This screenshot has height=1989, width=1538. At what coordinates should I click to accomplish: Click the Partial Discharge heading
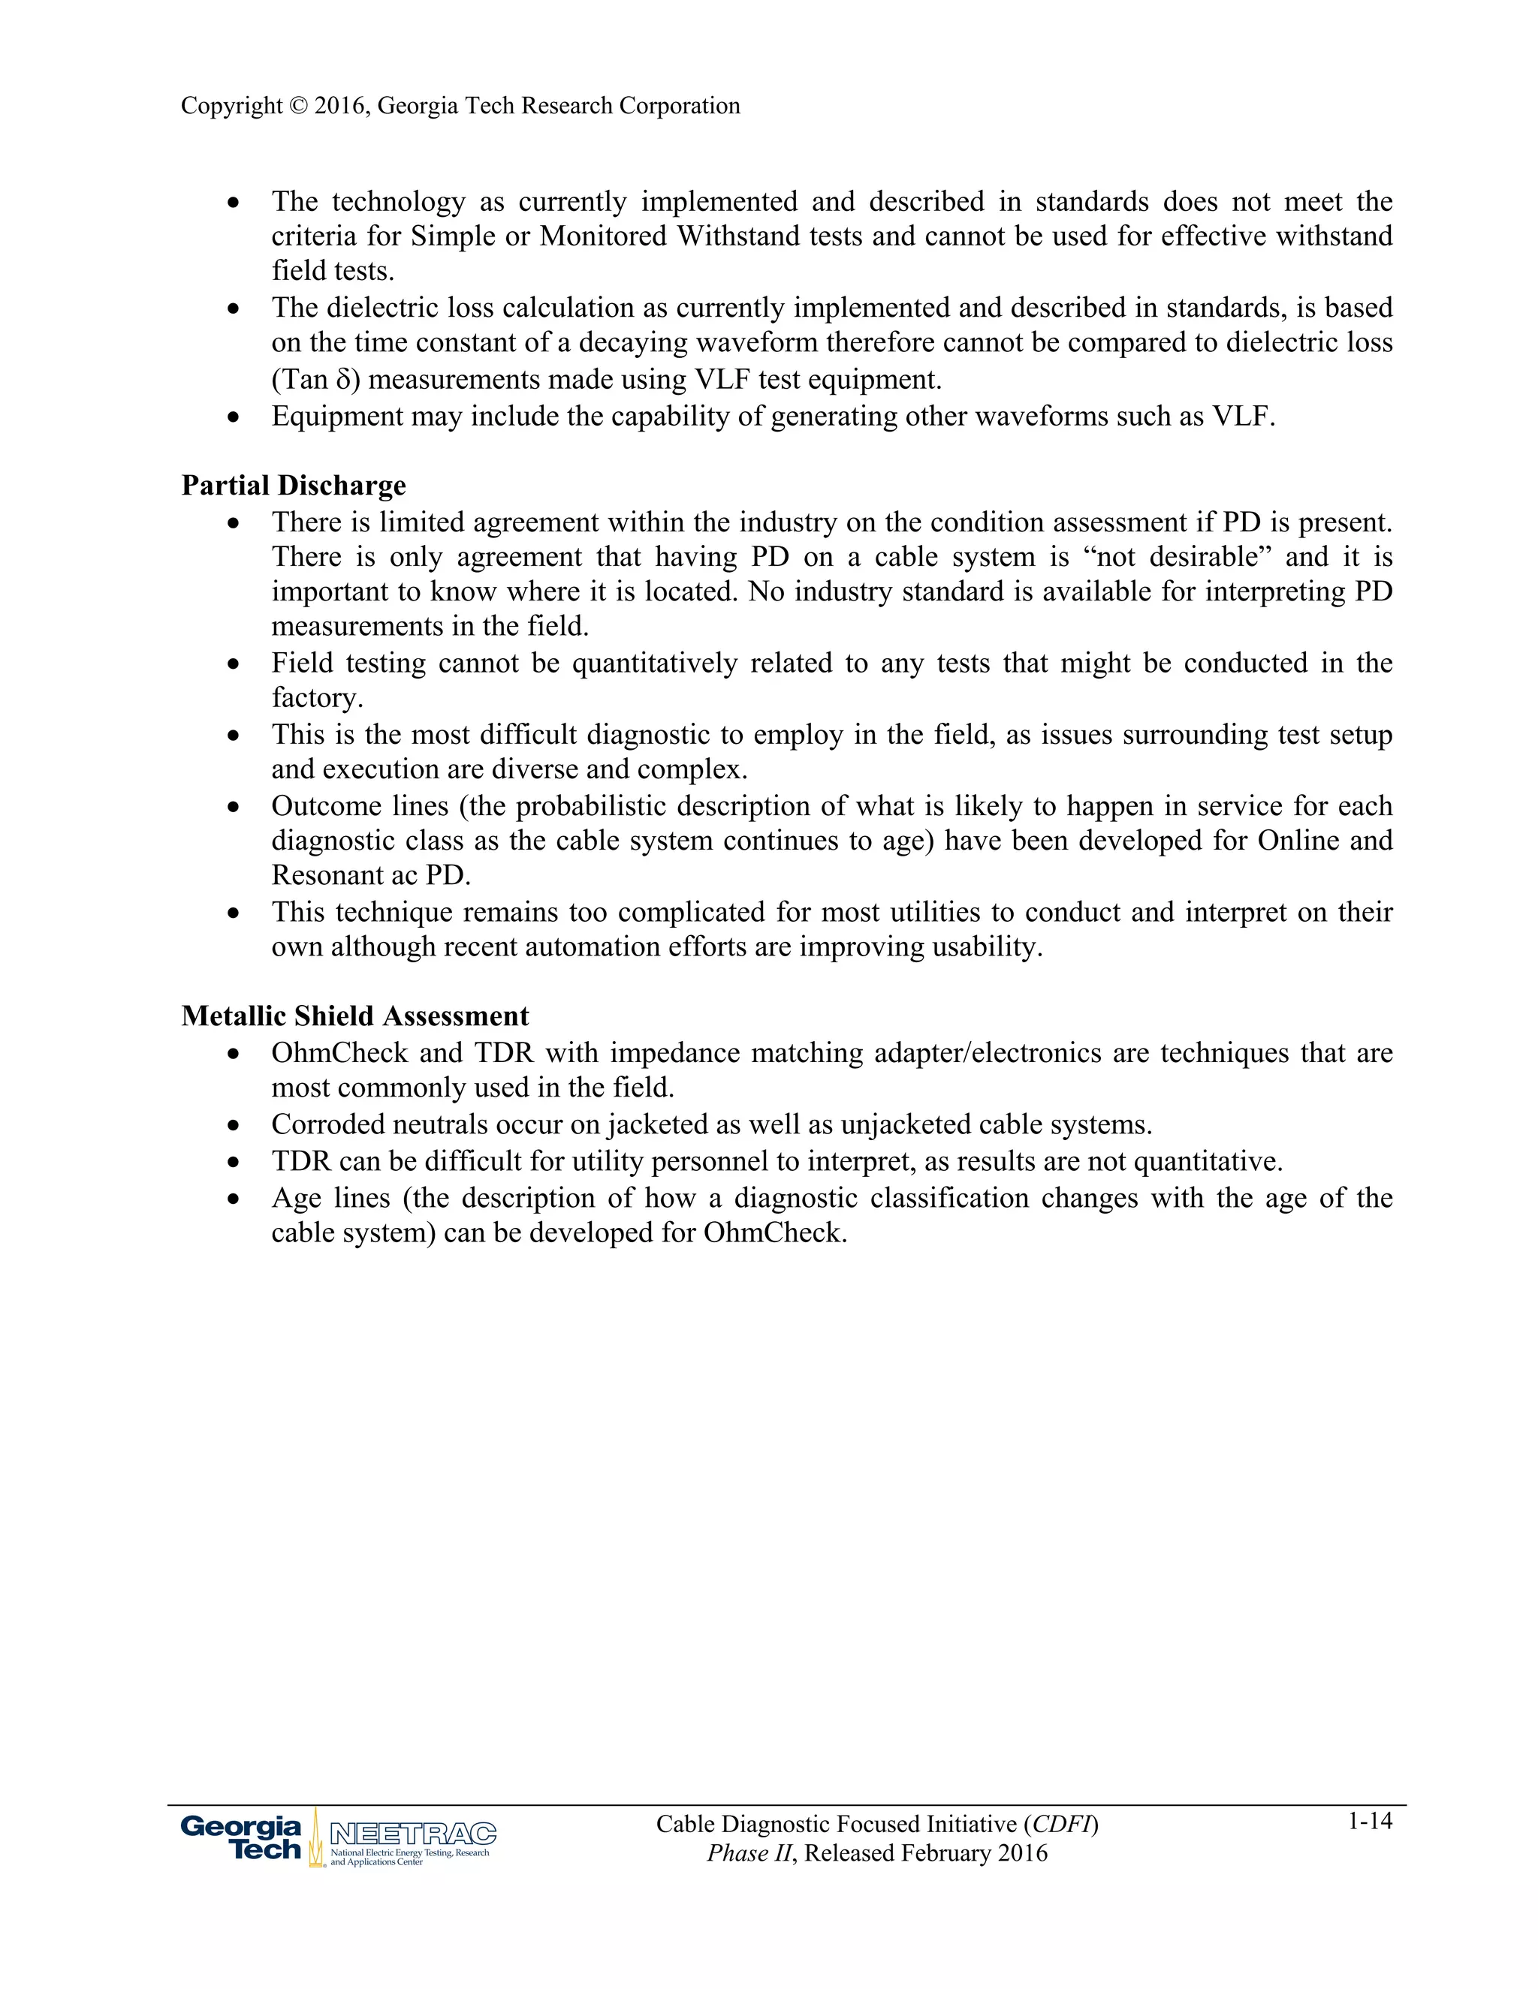click(x=294, y=486)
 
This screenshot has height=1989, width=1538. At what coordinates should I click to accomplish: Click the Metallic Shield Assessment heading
click(x=354, y=1016)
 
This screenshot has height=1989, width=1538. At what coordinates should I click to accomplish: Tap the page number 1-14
click(x=1370, y=1822)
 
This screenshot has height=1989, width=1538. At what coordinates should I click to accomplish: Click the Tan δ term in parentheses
click(x=312, y=380)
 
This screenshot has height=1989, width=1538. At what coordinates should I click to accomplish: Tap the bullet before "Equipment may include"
click(x=234, y=418)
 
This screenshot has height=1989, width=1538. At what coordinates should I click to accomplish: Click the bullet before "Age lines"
click(x=234, y=1199)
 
